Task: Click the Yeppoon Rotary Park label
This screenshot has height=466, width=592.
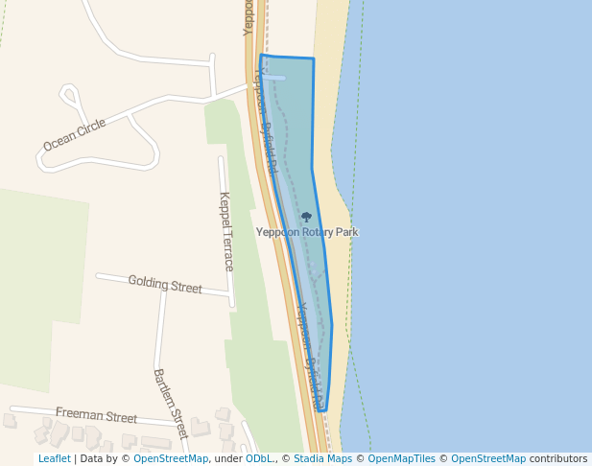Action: coord(306,232)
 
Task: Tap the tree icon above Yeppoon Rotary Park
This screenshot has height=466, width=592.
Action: coord(306,218)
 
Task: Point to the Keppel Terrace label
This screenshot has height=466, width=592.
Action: coord(226,231)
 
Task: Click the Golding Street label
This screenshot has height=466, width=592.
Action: coord(165,285)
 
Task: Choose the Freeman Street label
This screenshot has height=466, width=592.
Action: coord(96,415)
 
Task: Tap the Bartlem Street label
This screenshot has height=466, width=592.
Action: coord(170,404)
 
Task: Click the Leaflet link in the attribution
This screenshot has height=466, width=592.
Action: coord(54,459)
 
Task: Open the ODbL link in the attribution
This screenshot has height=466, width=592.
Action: coord(258,459)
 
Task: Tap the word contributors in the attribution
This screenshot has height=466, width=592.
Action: coord(558,459)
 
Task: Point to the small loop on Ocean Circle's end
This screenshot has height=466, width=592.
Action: coord(69,95)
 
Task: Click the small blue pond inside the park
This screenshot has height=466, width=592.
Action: coord(274,78)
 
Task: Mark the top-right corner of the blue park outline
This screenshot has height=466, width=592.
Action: coord(313,58)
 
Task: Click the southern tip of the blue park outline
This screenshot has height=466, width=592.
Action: coord(322,410)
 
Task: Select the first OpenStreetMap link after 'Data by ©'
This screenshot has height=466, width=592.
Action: coord(171,459)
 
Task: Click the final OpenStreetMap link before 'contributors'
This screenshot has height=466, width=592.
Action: coord(488,459)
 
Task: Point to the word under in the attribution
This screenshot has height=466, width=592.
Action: coord(228,459)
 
